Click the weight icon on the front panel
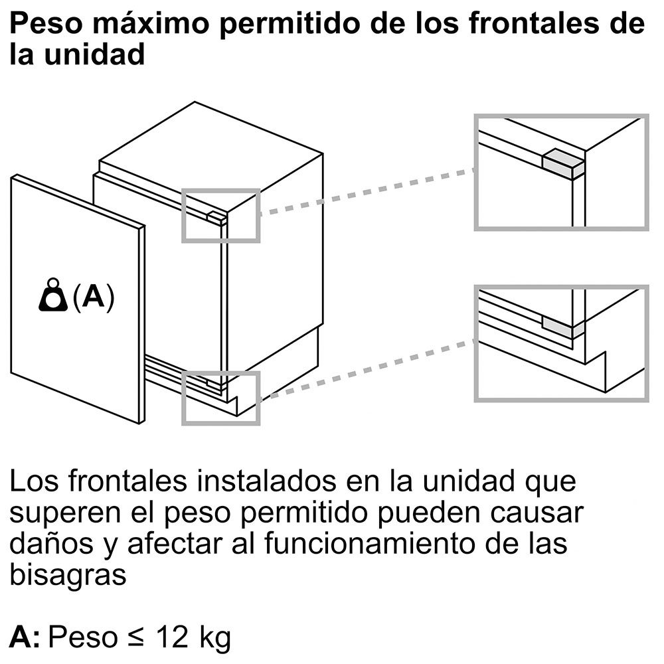pyautogui.click(x=53, y=295)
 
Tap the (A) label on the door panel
pyautogui.click(x=94, y=297)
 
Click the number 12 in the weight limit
pyautogui.click(x=173, y=636)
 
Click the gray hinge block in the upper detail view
pyautogui.click(x=563, y=164)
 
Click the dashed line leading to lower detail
pyautogui.click(x=367, y=370)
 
